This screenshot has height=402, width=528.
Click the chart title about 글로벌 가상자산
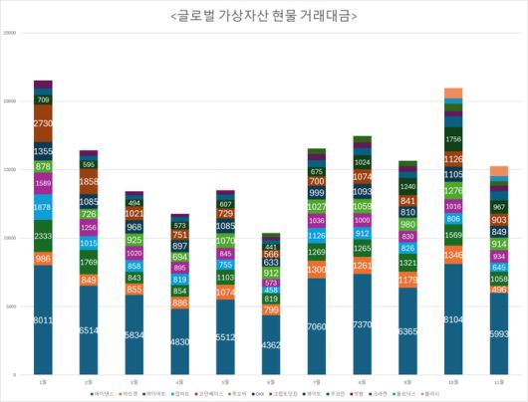pos(264,17)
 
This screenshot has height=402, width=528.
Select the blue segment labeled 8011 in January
pos(43,320)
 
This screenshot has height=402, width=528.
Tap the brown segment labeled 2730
pos(43,124)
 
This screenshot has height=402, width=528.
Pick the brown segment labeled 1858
pos(89,183)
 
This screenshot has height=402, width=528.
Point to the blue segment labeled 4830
pos(179,341)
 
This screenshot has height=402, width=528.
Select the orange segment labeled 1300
pos(317,270)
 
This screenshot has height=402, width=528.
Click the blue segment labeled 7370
pos(362,323)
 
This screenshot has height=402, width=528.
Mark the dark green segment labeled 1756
pos(453,139)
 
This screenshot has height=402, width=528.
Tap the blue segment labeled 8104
pos(453,319)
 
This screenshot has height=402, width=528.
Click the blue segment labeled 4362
pos(271,344)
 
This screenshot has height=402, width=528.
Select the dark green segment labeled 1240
pos(407,187)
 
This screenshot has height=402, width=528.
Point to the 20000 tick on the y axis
pos(10,101)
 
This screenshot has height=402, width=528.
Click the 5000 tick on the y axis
pos(11,306)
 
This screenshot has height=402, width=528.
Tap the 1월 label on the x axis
pos(43,381)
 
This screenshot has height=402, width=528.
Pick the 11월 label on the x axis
pos(499,381)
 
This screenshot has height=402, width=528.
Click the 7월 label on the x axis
pos(317,381)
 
